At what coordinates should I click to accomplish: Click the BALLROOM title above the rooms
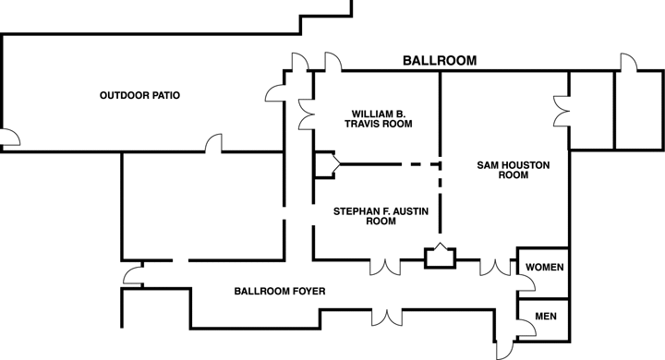[x=440, y=61]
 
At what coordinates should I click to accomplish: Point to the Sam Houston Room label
[x=514, y=169]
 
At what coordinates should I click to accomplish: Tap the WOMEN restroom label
[x=543, y=267]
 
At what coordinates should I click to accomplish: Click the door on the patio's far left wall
[x=9, y=138]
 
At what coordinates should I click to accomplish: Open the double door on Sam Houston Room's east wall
[x=560, y=112]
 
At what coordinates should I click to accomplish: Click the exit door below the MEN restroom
[x=506, y=350]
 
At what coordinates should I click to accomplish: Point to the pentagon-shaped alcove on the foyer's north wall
[x=439, y=256]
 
